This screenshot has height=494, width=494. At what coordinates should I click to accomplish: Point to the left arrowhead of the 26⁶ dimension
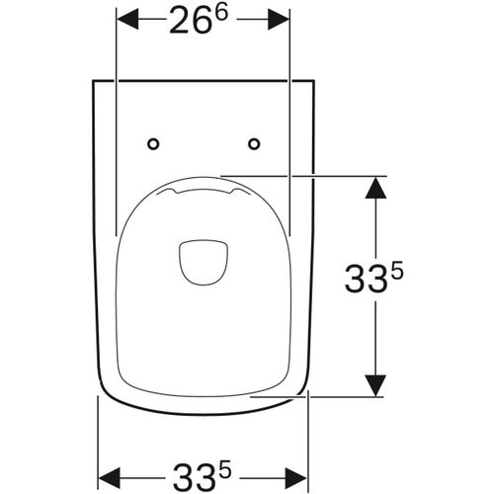pos(125,21)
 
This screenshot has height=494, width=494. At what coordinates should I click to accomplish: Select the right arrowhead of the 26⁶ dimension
pos(281,21)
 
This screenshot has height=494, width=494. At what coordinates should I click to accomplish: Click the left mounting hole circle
pos(152,144)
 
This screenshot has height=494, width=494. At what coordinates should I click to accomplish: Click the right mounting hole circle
pos(254,144)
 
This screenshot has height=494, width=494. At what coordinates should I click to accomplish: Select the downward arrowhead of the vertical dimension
pos(375,386)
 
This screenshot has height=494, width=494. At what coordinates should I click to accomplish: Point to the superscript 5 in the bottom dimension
pos(227,458)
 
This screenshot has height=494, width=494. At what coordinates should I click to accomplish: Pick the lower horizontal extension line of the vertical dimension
pos(336,396)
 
